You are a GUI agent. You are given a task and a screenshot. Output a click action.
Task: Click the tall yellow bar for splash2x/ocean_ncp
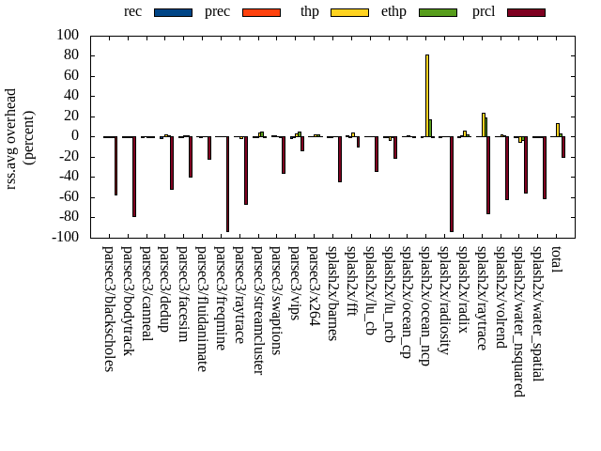(x=427, y=95)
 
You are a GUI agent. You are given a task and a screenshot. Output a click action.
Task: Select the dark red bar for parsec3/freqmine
(x=227, y=183)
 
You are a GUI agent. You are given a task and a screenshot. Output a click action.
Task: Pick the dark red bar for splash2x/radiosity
(x=452, y=183)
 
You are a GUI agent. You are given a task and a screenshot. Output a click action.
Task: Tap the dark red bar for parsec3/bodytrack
(x=134, y=176)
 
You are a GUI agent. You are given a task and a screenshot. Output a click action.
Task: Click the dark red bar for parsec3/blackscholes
(x=116, y=165)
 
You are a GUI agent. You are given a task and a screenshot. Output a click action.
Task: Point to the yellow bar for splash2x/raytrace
(x=483, y=125)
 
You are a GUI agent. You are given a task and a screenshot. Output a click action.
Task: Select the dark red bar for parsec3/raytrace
(x=246, y=170)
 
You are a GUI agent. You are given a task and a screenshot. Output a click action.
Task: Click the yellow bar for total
(x=558, y=130)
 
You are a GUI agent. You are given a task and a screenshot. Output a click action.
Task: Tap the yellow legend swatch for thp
(x=348, y=12)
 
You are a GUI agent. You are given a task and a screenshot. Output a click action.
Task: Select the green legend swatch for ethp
(x=438, y=12)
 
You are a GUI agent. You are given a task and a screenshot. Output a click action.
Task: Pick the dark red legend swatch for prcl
(x=525, y=12)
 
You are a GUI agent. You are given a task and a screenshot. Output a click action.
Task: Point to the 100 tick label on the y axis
(x=69, y=35)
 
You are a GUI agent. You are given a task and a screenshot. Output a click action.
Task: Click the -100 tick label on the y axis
(x=66, y=238)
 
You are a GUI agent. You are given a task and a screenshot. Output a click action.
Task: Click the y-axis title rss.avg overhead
(x=11, y=138)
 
